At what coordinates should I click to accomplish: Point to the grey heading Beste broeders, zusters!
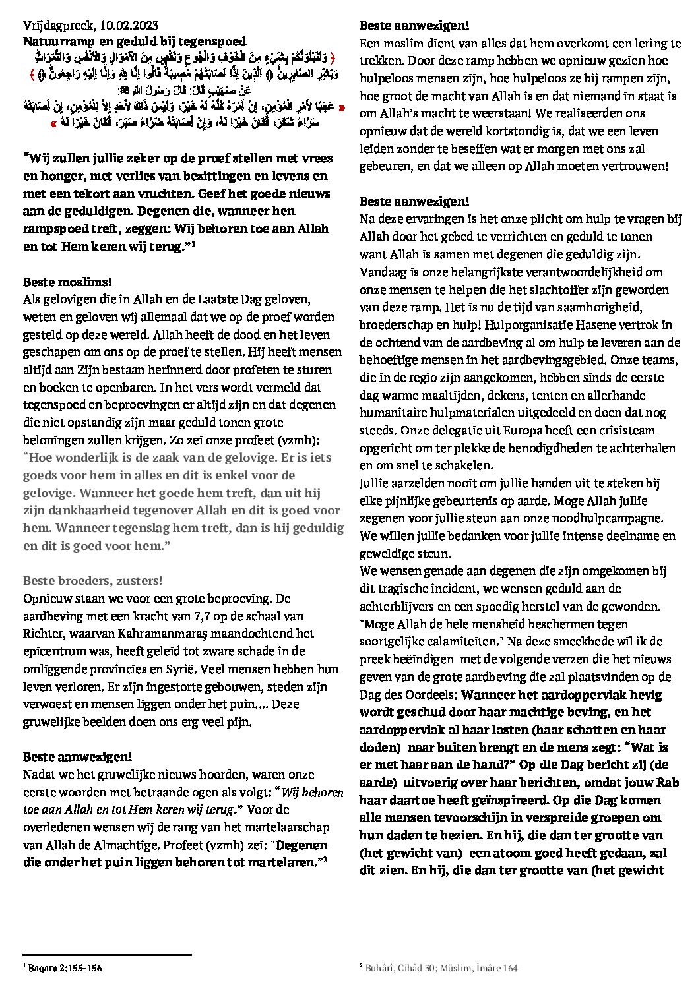pos(93,581)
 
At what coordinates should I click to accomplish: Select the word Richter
pos(43,634)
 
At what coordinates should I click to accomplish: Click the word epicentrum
pos(53,652)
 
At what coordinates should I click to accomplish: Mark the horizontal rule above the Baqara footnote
pos(107,954)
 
